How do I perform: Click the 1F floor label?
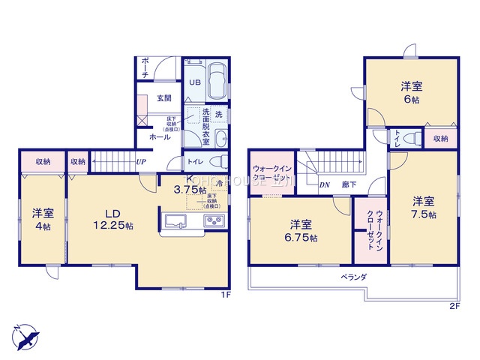(223, 295)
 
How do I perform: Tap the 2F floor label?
(454, 307)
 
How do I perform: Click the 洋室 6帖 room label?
(410, 93)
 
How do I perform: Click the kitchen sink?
(174, 220)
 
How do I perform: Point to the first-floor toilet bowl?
(215, 161)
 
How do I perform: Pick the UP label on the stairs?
(140, 160)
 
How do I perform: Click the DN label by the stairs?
(325, 184)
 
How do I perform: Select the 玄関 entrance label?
(164, 97)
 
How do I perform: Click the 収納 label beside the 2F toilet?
(440, 139)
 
